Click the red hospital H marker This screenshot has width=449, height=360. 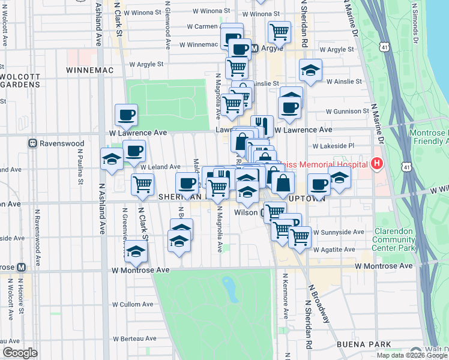pyautogui.click(x=377, y=163)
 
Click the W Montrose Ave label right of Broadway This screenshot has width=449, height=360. pyautogui.click(x=384, y=265)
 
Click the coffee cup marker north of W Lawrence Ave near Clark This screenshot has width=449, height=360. pyautogui.click(x=126, y=113)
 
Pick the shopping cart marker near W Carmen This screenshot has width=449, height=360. pyautogui.click(x=279, y=31)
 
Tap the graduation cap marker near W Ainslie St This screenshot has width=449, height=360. pyautogui.click(x=310, y=70)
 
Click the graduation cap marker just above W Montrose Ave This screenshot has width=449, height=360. pyautogui.click(x=136, y=252)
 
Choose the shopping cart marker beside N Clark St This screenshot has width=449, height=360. pyautogui.click(x=142, y=184)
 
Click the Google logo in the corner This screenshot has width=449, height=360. pyautogui.click(x=19, y=353)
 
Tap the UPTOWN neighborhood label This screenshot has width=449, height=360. pyautogui.click(x=306, y=198)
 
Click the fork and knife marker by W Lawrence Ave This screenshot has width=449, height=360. pyautogui.click(x=262, y=125)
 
